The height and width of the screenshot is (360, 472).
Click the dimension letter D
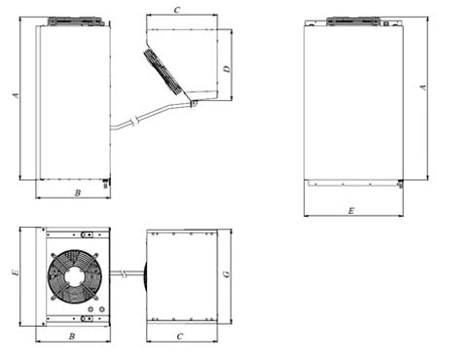coord(227,69)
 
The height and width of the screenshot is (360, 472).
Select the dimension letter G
coord(227,274)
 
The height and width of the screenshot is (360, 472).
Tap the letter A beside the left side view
coord(16,95)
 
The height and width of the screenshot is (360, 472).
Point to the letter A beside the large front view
coord(423,87)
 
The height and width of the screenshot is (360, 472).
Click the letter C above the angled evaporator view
coord(177,10)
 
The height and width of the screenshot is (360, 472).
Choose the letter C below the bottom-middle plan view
coord(180,337)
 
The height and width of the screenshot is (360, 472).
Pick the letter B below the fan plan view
coord(72,337)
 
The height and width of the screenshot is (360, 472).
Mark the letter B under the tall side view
coord(78,193)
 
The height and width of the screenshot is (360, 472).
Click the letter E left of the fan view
coord(16,272)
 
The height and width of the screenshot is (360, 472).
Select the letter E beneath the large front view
coord(351,211)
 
